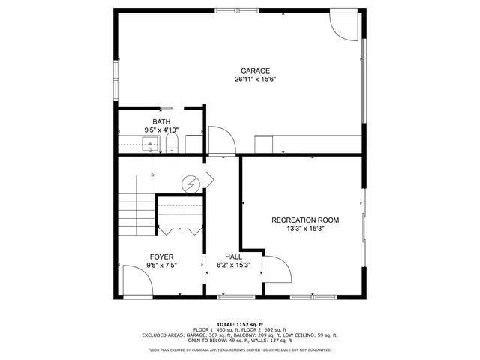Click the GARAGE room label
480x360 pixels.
click(255, 70)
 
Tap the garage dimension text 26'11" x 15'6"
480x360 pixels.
click(255, 79)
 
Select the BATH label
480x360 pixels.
click(161, 121)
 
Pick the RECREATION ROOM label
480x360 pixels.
click(305, 220)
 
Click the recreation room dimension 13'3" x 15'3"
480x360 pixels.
click(305, 229)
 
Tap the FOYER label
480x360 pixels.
click(161, 256)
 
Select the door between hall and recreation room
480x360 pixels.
click(274, 270)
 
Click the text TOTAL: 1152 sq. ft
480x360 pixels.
click(239, 322)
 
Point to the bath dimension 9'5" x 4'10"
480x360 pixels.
click(161, 130)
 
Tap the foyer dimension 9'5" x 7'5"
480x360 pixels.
click(161, 265)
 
